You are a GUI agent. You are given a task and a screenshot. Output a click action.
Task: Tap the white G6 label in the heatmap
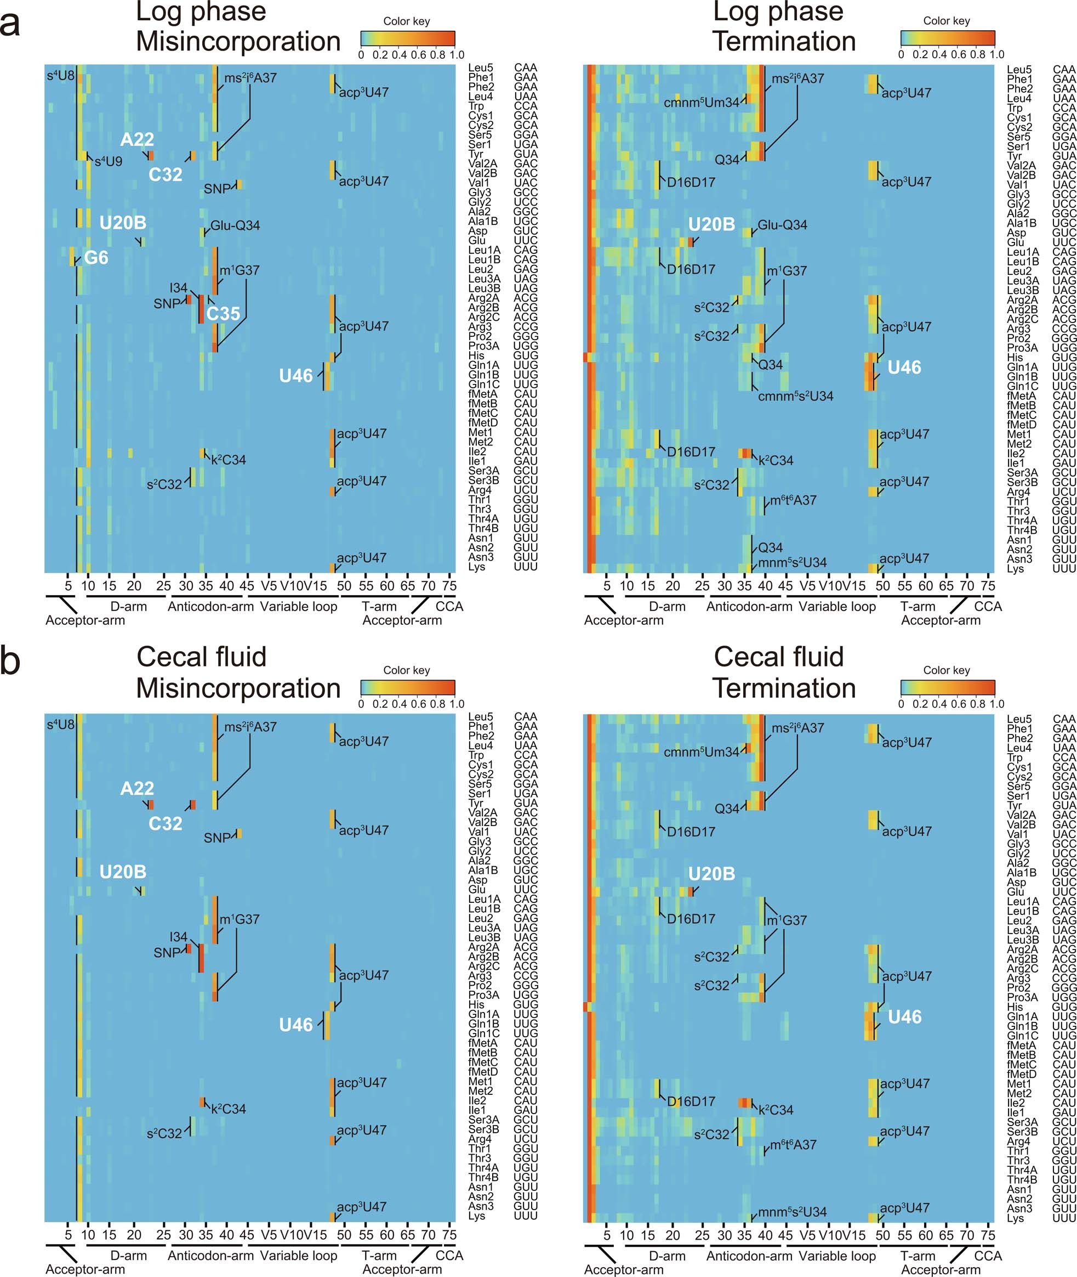click(x=96, y=258)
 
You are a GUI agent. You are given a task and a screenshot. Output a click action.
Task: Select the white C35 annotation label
click(x=223, y=313)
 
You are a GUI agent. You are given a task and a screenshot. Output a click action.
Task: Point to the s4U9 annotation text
click(x=108, y=162)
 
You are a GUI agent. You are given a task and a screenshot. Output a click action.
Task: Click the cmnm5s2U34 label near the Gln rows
click(x=795, y=396)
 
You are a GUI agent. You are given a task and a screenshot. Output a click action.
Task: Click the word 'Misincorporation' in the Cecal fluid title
click(x=238, y=688)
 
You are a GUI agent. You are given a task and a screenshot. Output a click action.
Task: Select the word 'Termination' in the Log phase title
click(x=784, y=42)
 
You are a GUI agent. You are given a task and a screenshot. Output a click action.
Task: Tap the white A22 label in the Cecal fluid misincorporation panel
click(x=137, y=788)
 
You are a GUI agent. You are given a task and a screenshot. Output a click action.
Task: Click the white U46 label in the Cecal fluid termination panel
click(x=904, y=1016)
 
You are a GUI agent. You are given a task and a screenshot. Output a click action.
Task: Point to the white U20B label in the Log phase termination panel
click(x=711, y=224)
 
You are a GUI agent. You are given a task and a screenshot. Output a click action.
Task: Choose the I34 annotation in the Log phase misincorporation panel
click(x=178, y=287)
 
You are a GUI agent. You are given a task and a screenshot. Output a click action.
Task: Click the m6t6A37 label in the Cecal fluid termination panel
click(x=793, y=1144)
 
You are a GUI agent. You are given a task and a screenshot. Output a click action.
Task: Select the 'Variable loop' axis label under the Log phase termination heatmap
click(x=837, y=606)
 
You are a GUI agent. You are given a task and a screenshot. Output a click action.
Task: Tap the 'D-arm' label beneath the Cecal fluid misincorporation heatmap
click(x=128, y=1255)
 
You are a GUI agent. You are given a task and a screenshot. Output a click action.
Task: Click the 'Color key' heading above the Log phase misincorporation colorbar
click(x=406, y=21)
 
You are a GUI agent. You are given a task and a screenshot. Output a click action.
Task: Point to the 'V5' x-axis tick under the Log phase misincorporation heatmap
click(x=269, y=585)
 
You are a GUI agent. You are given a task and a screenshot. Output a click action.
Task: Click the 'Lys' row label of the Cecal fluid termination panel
click(x=1015, y=1218)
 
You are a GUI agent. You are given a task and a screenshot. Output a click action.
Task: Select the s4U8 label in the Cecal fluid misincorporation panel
click(x=60, y=725)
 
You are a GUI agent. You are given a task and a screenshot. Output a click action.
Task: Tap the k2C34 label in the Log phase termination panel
click(x=776, y=461)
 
